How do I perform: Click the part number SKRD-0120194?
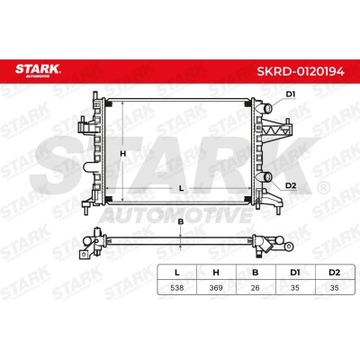301,71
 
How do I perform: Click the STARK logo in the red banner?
38,70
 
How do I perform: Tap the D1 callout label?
291,94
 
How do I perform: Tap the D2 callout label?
291,185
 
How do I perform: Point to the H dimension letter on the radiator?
122,154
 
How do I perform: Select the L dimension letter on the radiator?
181,188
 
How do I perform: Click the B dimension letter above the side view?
181,222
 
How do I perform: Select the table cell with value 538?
177,288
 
